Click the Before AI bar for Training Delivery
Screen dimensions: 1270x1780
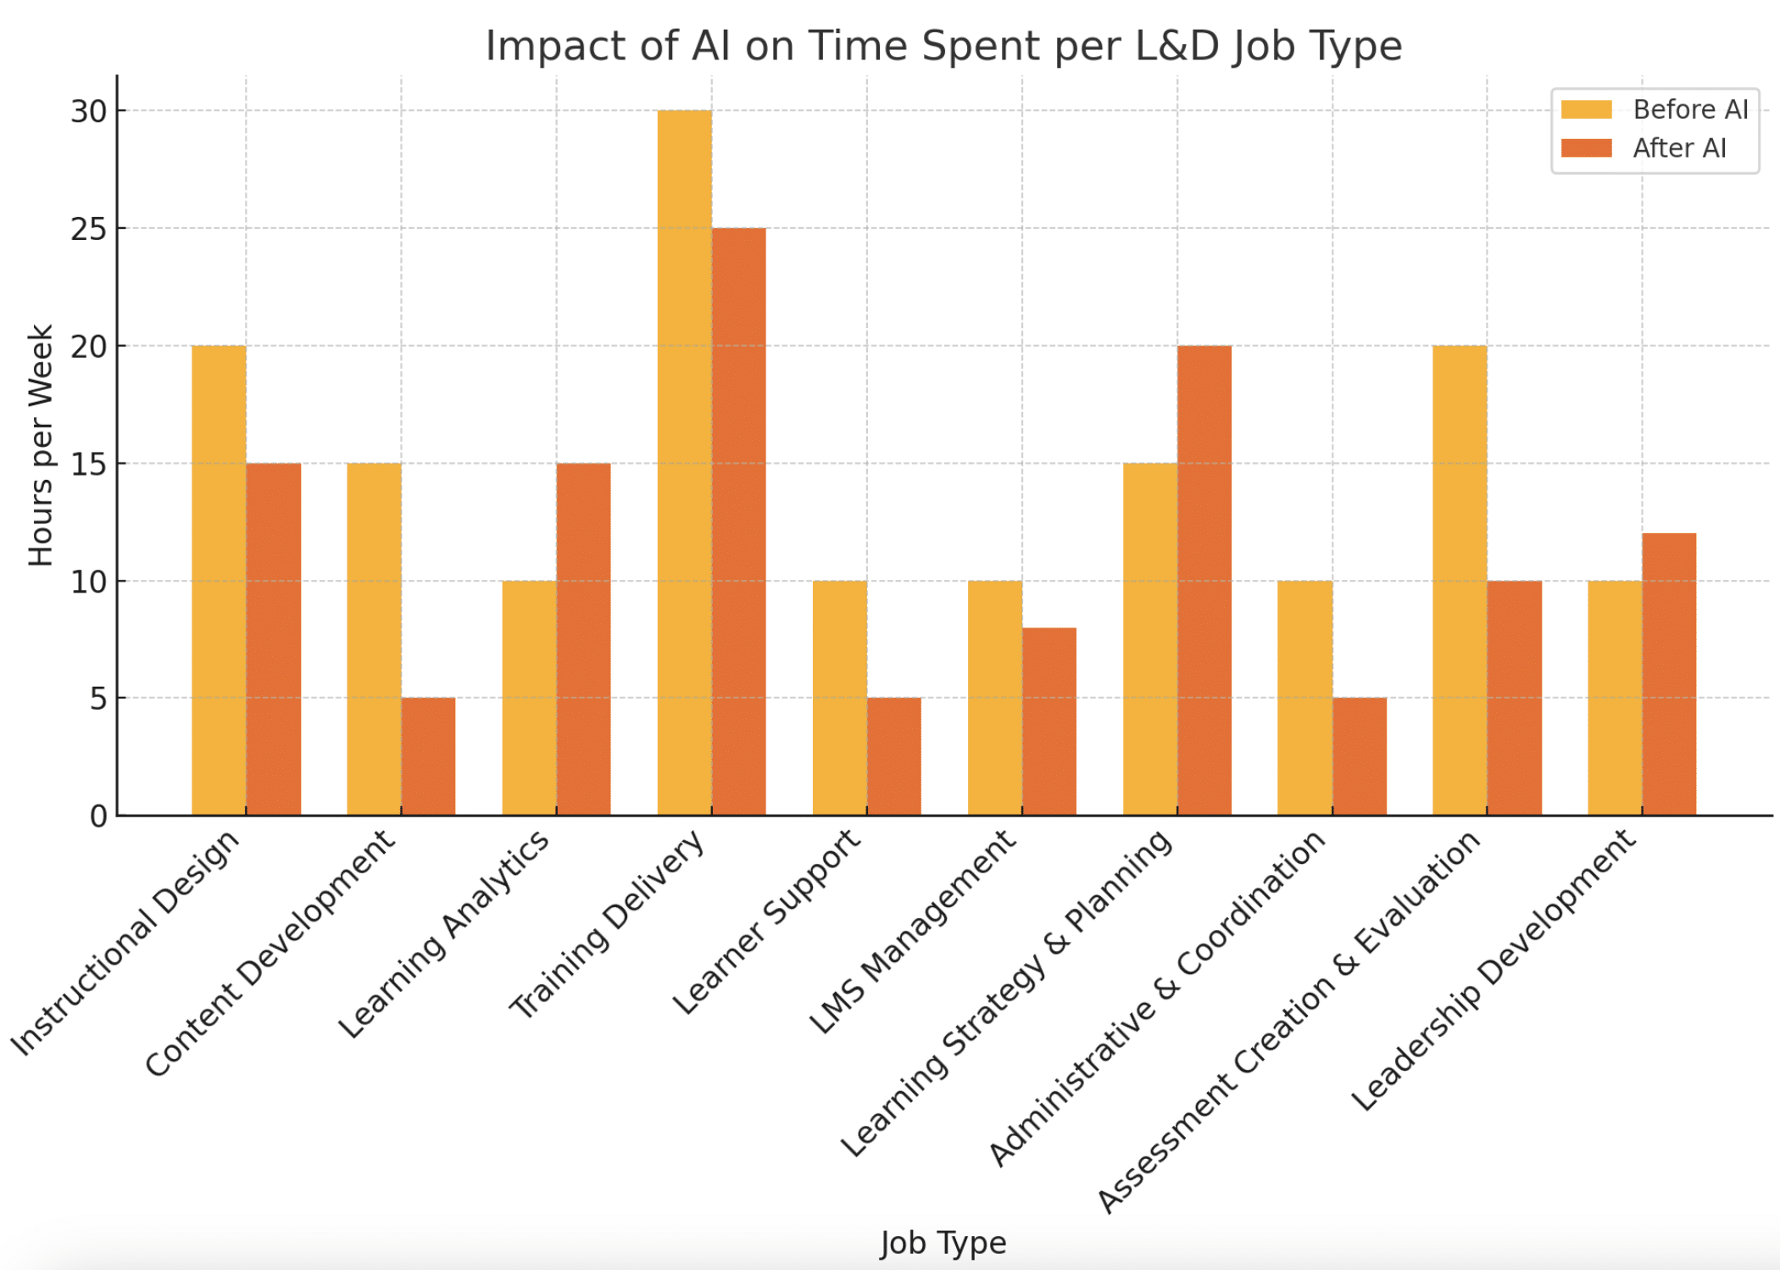(x=684, y=463)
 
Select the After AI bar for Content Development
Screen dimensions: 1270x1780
(x=428, y=756)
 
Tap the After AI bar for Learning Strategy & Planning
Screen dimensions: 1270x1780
(x=1204, y=581)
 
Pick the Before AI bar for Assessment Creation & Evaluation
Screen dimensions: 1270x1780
(x=1460, y=581)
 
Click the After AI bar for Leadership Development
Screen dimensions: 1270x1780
(x=1669, y=674)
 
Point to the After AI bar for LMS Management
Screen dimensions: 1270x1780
(x=1049, y=721)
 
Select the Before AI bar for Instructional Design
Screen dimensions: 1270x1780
(x=219, y=581)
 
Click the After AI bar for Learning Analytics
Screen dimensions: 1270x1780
(x=583, y=639)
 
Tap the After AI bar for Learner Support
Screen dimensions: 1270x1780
(x=894, y=756)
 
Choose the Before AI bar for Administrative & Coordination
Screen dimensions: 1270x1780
(x=1304, y=698)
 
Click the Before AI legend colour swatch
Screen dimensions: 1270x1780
(x=1586, y=109)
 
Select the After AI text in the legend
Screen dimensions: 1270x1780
(x=1679, y=148)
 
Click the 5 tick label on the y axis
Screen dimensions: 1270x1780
(x=97, y=699)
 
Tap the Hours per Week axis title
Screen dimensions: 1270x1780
(x=41, y=445)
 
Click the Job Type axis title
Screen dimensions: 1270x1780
(x=943, y=1242)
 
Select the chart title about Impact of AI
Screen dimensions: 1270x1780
(x=943, y=46)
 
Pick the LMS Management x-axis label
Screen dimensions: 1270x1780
(x=913, y=932)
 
